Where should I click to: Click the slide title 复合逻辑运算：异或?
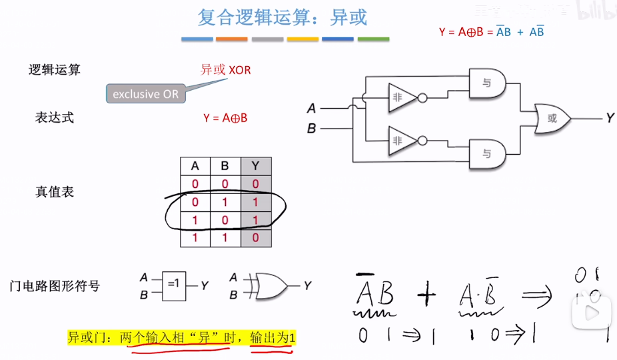tap(283, 17)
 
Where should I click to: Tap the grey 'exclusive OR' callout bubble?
tap(145, 94)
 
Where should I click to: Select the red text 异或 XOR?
tap(225, 69)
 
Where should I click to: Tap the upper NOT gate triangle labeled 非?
tap(400, 97)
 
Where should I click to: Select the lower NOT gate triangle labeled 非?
tap(400, 141)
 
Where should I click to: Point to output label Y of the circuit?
tap(610, 119)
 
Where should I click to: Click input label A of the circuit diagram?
tap(311, 109)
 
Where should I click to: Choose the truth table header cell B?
tap(225, 166)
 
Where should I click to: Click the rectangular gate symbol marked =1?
tap(173, 285)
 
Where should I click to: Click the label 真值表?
tap(55, 192)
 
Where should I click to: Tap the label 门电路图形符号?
tap(55, 286)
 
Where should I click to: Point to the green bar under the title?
tap(373, 39)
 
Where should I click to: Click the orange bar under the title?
tap(232, 39)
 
